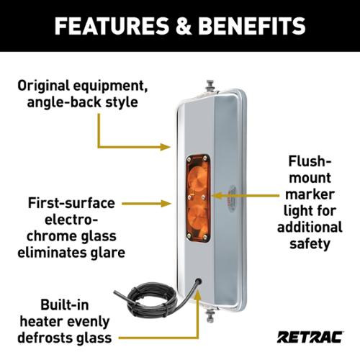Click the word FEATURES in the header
[x=112, y=26]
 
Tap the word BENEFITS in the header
[x=252, y=26]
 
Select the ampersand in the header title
[x=184, y=26]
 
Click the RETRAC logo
[x=310, y=337]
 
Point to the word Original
[x=43, y=86]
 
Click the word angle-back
[x=64, y=102]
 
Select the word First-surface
[x=71, y=203]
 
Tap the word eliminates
[x=50, y=253]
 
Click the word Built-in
[x=65, y=305]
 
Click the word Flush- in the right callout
[x=310, y=161]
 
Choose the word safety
[x=310, y=243]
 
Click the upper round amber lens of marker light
[x=197, y=178]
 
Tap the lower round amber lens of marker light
[x=197, y=215]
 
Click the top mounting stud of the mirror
[x=210, y=86]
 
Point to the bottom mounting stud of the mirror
[x=210, y=316]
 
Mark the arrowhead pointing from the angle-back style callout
[x=166, y=147]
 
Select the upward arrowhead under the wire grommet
[x=197, y=297]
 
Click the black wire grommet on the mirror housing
[x=199, y=281]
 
